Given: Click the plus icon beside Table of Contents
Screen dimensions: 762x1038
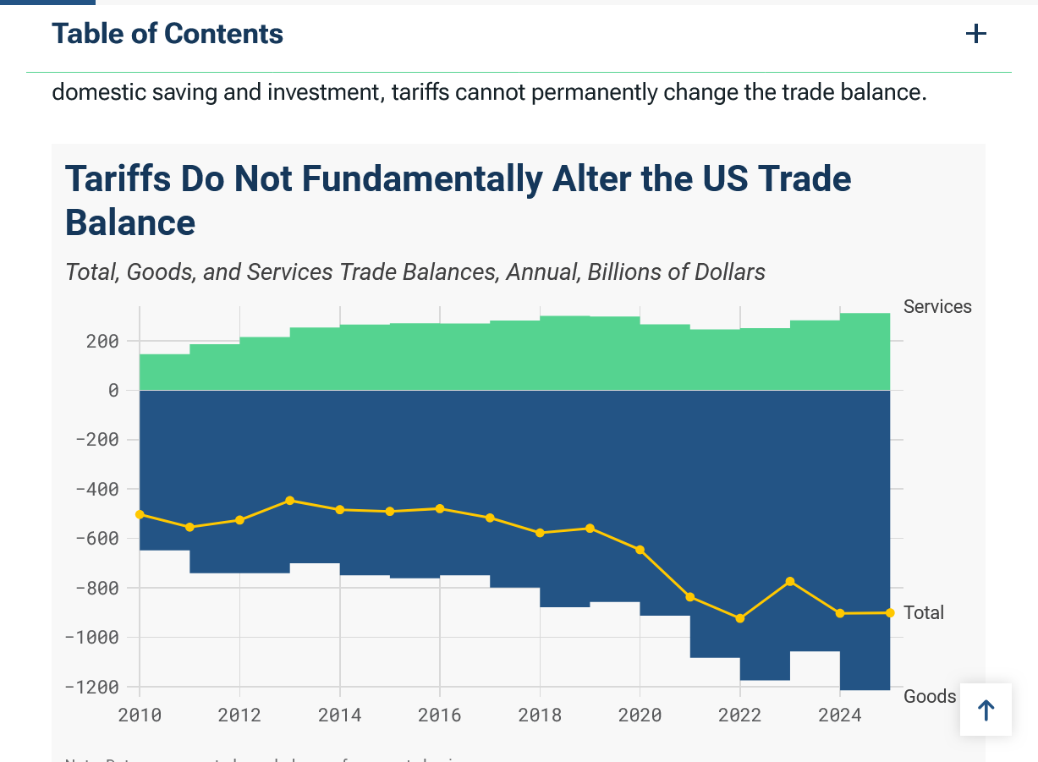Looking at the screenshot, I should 976,34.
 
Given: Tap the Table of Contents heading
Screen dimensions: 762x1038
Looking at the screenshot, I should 168,34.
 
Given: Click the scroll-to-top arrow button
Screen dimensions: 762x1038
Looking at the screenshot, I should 986,710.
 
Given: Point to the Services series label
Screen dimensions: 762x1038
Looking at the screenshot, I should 937,306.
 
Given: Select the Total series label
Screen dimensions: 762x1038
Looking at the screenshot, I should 924,612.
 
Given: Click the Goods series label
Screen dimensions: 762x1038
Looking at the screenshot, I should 930,696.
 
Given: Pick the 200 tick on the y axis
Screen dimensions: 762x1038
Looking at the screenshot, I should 101,341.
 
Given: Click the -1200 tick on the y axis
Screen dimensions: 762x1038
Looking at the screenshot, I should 91,687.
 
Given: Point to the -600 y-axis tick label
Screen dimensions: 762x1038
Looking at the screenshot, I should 96,538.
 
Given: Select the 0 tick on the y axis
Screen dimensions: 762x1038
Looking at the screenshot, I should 113,390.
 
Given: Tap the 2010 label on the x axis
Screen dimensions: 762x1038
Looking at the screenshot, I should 140,715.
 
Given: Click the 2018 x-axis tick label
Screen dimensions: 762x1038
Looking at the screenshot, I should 540,715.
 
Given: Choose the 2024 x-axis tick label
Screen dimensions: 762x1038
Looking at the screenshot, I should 840,715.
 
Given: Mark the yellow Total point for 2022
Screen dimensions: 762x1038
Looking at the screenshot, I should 740,618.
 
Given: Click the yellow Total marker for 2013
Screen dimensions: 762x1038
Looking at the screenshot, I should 289,501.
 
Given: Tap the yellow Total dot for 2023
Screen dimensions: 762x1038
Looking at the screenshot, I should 790,581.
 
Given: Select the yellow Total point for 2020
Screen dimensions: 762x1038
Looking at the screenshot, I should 640,550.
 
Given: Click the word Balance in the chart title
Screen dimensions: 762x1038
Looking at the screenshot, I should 130,222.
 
